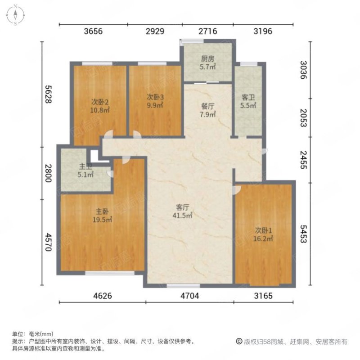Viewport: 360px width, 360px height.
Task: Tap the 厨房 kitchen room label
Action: (x=207, y=58)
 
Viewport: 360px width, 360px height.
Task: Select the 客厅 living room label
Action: (x=182, y=207)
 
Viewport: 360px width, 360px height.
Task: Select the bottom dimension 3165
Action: (x=264, y=296)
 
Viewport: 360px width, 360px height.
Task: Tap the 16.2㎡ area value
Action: (x=263, y=239)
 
